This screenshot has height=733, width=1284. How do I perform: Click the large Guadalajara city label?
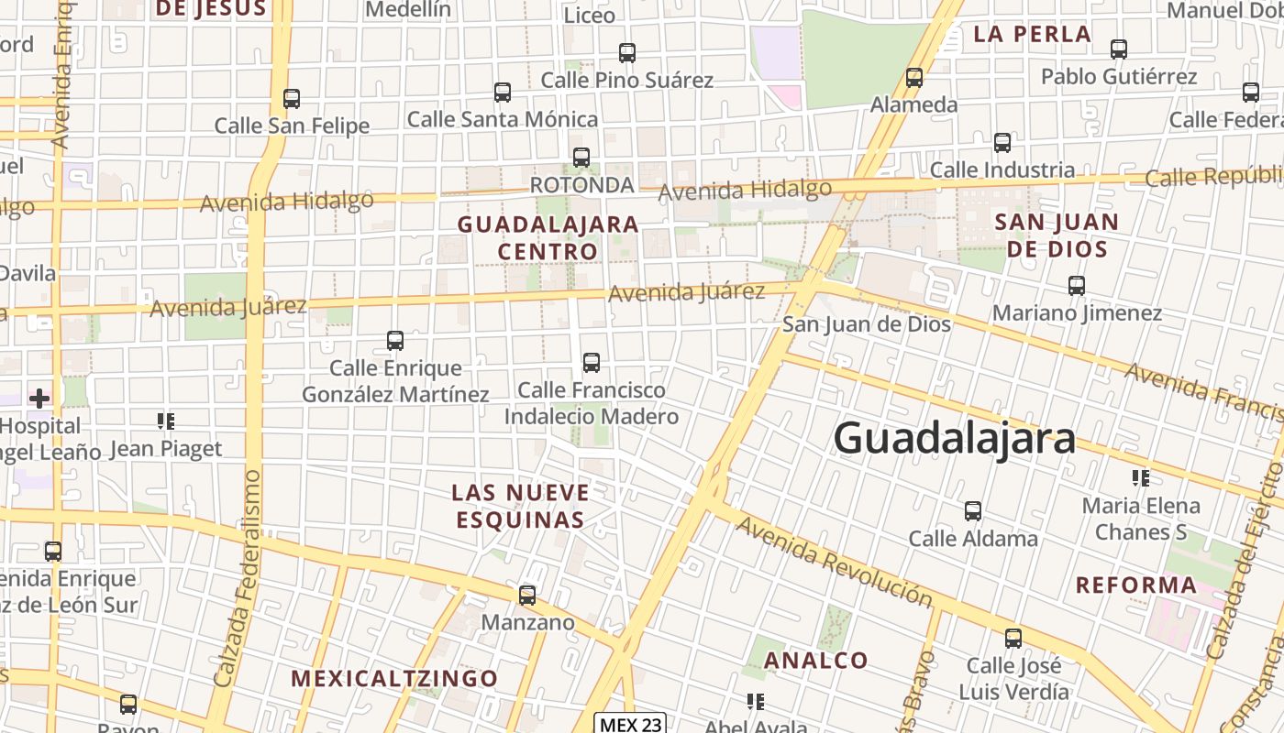[x=954, y=438]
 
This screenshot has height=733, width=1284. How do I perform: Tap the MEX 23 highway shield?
[x=629, y=724]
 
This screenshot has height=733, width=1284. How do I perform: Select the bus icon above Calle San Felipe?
[x=292, y=98]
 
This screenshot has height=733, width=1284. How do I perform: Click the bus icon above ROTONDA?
[x=581, y=157]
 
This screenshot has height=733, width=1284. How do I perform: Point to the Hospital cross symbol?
[x=39, y=398]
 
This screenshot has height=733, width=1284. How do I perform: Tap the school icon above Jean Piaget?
[x=166, y=421]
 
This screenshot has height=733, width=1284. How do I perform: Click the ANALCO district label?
[x=815, y=660]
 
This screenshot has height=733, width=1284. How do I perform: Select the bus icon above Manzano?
[x=527, y=595]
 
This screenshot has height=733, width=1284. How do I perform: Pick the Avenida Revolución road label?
[x=833, y=562]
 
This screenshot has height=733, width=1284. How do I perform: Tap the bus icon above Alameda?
[x=914, y=77]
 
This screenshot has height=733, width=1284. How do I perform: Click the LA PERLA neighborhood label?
[x=1032, y=35]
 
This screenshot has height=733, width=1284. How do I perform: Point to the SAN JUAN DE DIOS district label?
[x=1057, y=235]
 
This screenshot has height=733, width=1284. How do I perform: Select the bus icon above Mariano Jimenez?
[x=1077, y=285]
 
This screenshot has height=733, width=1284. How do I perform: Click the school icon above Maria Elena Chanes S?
[x=1141, y=477]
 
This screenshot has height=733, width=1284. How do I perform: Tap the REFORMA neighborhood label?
[x=1136, y=585]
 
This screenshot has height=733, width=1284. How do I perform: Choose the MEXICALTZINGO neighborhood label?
[x=394, y=678]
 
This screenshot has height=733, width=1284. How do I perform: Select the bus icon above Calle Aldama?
[x=973, y=510]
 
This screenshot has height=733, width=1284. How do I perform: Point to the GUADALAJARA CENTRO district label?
[x=548, y=237]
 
